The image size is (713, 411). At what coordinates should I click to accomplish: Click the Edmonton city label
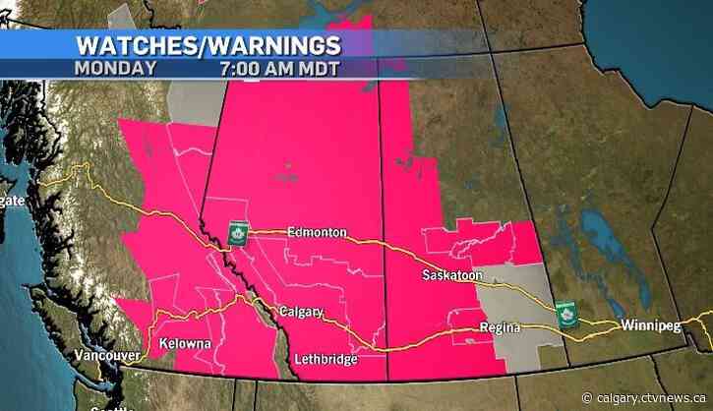click(x=317, y=232)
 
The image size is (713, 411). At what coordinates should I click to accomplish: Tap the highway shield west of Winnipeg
click(x=565, y=315)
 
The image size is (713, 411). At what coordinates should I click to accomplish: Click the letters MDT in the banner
click(x=323, y=69)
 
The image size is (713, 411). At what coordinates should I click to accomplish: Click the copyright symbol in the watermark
click(x=587, y=397)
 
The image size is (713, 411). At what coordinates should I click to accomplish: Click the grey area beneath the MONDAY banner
click(x=196, y=99)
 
